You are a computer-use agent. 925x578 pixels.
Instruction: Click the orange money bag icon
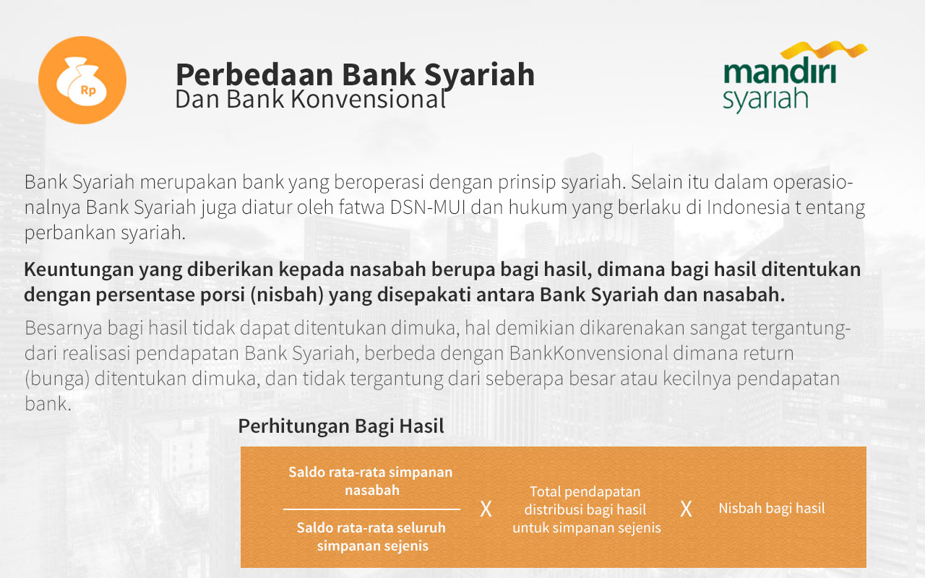(x=82, y=80)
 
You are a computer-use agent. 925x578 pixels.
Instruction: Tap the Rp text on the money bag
(x=88, y=90)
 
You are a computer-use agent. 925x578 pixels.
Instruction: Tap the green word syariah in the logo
(x=765, y=100)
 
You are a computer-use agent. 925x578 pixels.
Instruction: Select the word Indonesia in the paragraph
(x=748, y=207)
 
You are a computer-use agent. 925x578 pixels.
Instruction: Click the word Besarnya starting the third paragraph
(x=63, y=329)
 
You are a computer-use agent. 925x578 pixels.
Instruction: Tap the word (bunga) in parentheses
(x=57, y=379)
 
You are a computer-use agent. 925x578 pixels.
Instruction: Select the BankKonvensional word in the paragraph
(x=588, y=353)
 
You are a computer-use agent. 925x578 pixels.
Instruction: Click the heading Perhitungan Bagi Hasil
(x=341, y=426)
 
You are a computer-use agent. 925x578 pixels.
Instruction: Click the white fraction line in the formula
(x=371, y=509)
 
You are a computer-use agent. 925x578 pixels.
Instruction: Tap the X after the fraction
(x=486, y=509)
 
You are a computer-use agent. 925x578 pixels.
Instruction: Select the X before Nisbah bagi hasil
(x=686, y=509)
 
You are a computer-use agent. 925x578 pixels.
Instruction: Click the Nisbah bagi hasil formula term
(x=771, y=509)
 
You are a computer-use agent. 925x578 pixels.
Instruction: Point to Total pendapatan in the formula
(x=585, y=492)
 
